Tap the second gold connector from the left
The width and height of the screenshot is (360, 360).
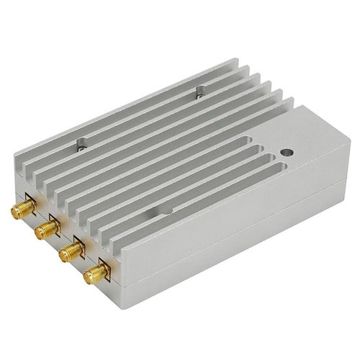point(45,230)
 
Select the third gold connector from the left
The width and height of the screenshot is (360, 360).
point(69,251)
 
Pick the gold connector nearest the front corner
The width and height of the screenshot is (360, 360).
point(94,273)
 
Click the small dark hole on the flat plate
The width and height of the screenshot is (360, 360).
point(287,153)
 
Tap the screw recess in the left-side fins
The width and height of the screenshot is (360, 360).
point(81,145)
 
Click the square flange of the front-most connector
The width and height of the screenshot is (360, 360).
point(104,267)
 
